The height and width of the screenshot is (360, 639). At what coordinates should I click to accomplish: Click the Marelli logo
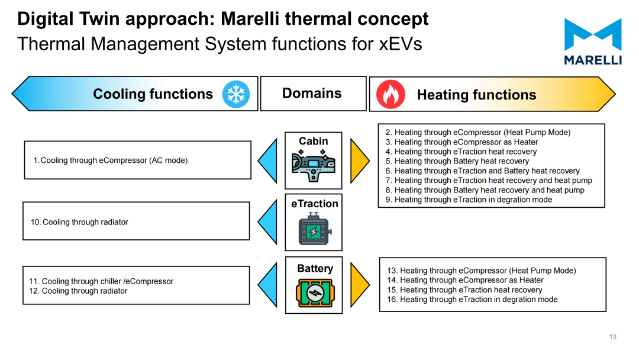[593, 41]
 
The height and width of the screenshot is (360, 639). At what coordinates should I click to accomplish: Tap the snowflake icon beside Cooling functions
[236, 94]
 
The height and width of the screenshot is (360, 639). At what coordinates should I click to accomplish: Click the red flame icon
[391, 94]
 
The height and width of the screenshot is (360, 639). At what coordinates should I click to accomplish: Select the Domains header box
[313, 94]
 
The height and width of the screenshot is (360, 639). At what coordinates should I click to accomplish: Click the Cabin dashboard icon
[314, 166]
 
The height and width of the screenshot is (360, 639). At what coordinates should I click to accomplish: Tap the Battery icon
[315, 292]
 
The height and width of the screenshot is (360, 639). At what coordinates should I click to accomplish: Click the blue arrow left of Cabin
[267, 160]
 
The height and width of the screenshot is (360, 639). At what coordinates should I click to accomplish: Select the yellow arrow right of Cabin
[360, 160]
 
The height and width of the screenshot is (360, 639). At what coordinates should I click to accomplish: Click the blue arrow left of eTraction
[267, 222]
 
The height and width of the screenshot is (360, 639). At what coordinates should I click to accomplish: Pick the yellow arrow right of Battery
[360, 285]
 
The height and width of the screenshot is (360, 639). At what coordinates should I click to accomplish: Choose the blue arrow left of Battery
[267, 285]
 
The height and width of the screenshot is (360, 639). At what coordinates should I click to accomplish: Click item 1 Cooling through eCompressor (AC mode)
[111, 160]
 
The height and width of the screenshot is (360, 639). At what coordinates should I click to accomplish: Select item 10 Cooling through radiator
[79, 222]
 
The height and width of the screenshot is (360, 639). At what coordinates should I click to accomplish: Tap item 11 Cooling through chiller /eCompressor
[101, 281]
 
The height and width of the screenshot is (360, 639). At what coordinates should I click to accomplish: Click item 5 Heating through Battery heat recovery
[457, 161]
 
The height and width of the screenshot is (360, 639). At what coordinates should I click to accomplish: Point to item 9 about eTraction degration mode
[469, 200]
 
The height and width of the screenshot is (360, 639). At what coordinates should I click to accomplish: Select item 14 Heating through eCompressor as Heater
[465, 280]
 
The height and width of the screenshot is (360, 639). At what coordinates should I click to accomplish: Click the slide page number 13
[613, 337]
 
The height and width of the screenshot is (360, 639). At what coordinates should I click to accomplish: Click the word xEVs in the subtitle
[401, 44]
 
